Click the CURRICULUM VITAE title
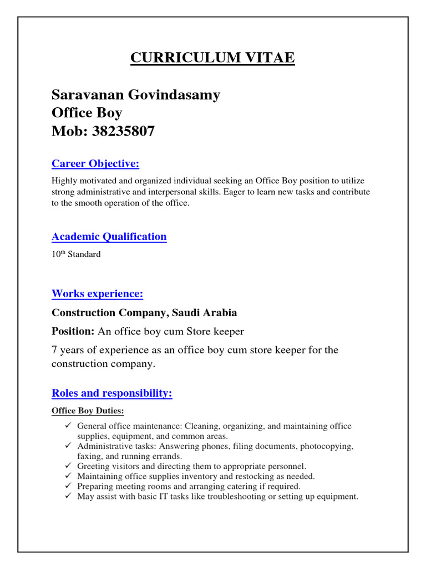click(212, 58)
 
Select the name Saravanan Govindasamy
click(136, 95)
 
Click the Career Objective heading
click(95, 163)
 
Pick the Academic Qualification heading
click(109, 237)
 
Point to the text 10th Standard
click(76, 254)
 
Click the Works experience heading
click(97, 294)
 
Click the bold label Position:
click(73, 332)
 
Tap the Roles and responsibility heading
click(111, 393)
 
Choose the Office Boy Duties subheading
click(88, 411)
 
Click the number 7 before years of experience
click(54, 350)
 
